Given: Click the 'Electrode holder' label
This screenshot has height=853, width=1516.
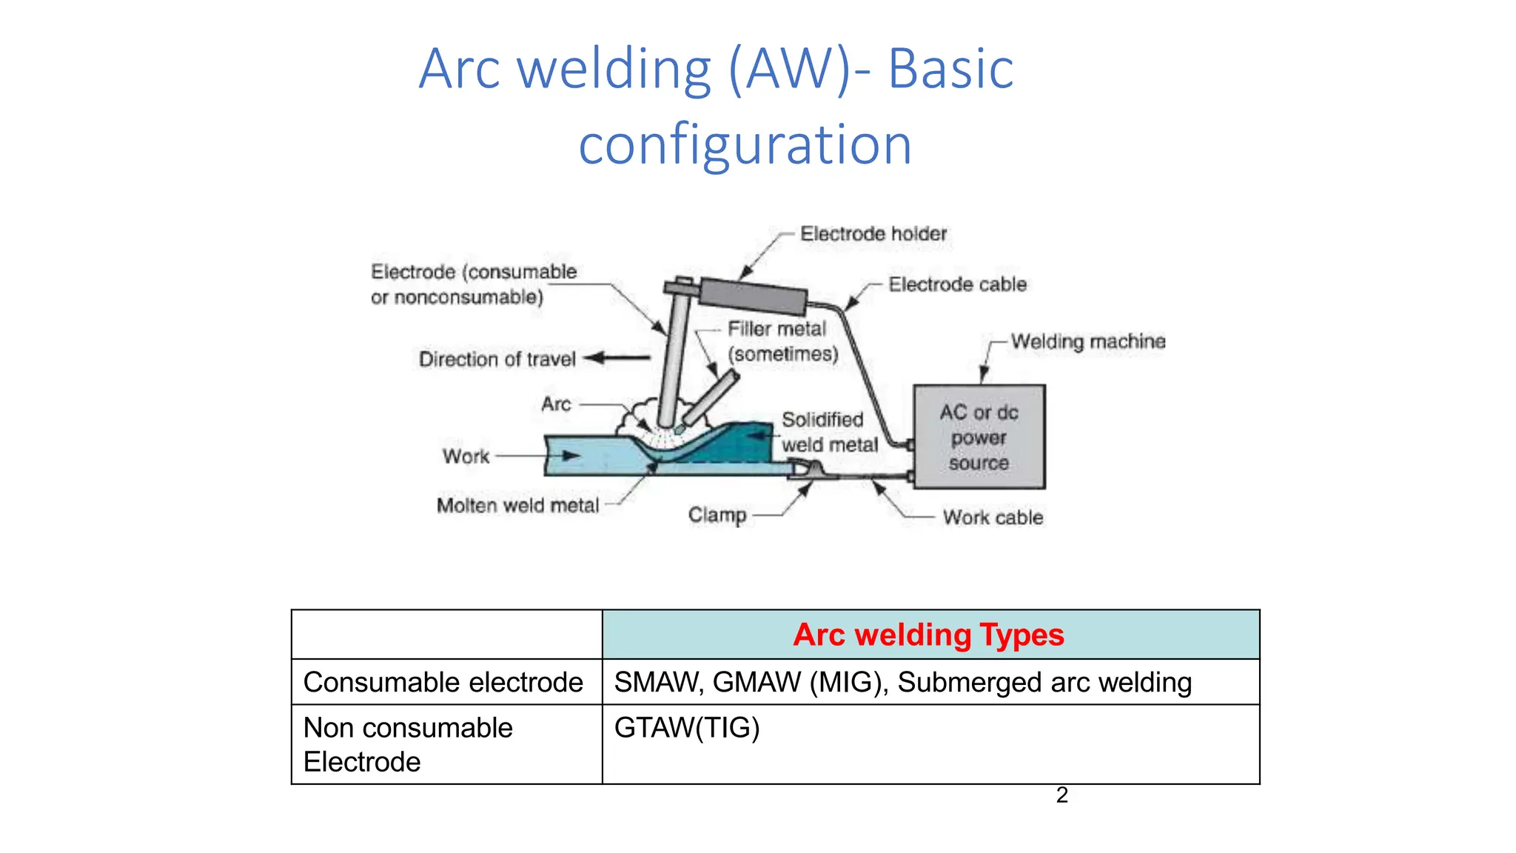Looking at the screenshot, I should (x=873, y=234).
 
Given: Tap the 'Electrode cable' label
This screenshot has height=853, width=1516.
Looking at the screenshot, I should (x=957, y=284).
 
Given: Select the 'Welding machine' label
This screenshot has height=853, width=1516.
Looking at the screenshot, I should (x=1087, y=341).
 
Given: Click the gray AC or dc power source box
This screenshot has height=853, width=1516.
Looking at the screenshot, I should (x=979, y=437).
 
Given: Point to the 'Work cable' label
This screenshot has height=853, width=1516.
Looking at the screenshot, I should (x=993, y=517).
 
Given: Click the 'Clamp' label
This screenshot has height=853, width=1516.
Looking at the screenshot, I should (x=717, y=515).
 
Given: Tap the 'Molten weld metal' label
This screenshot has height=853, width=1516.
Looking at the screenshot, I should (x=517, y=506).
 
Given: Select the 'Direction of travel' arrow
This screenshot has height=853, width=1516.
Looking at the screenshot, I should (x=617, y=358).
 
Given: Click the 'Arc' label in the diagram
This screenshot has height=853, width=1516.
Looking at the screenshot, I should (x=555, y=404).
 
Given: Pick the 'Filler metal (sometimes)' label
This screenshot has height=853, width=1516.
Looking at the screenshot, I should (x=782, y=341).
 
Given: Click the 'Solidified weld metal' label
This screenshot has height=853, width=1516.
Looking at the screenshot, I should (x=828, y=432).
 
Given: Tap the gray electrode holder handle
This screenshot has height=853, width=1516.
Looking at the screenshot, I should (x=753, y=295).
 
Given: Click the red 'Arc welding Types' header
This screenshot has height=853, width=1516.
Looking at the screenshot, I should (x=928, y=635).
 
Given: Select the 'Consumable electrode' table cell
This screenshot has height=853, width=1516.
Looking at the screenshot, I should (x=443, y=682).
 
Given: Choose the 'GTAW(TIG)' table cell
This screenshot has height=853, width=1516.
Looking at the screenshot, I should (x=686, y=728).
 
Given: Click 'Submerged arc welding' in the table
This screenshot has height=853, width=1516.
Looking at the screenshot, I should (x=1044, y=682).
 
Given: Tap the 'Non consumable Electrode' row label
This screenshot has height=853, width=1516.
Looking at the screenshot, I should (x=407, y=744).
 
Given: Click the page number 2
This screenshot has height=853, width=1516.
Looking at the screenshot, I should (x=1061, y=795).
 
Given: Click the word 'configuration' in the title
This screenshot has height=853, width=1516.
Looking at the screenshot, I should (x=745, y=145).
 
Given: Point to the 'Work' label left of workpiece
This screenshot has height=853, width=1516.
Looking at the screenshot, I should (x=466, y=456).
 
